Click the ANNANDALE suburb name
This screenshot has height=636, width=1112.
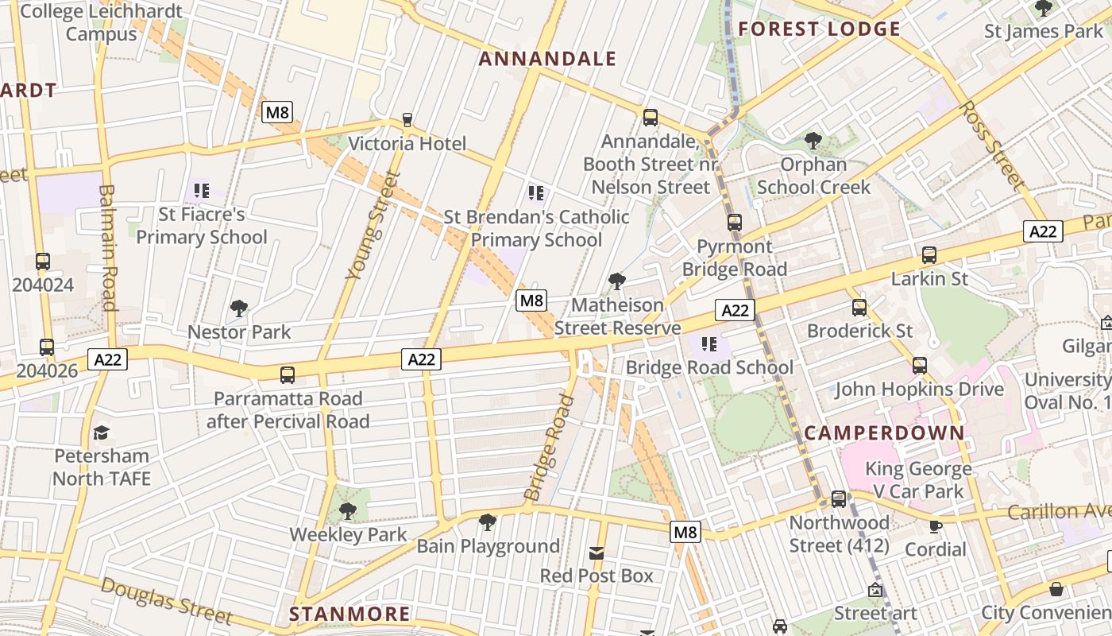coord(547,59)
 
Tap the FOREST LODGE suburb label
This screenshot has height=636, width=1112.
coord(819,29)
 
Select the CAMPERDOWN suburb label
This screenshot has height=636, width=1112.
coord(884,433)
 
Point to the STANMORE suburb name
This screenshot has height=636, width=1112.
coord(349,614)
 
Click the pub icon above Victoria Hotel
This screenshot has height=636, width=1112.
coord(407,120)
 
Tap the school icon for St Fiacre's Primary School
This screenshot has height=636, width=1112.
coord(202,191)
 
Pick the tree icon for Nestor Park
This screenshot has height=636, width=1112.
coord(239,308)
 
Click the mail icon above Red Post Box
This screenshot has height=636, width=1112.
coord(597,553)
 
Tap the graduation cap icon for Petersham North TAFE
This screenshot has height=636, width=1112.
coord(101,432)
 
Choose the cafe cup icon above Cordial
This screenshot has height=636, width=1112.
coord(936,526)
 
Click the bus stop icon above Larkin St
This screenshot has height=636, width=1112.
coord(929,255)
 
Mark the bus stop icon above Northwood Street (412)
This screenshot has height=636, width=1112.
coord(839,499)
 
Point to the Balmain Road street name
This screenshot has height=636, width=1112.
coord(108,247)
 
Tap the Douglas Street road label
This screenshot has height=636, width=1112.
coord(167,600)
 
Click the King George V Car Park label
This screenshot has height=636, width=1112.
coord(917,479)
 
